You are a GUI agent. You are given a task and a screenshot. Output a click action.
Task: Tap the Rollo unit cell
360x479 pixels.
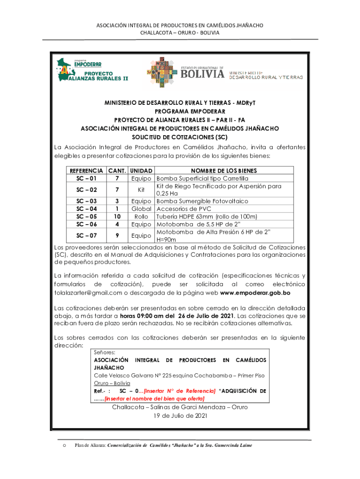141,217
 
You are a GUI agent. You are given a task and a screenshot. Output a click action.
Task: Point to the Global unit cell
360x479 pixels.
141,209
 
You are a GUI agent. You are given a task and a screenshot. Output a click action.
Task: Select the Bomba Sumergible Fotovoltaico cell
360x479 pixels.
202,201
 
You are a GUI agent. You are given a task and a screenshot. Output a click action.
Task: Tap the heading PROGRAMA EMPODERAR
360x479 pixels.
180,111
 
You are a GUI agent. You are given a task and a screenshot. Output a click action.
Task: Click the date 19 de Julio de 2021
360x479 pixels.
180,415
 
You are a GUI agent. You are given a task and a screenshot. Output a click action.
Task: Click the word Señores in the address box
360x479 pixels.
105,352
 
